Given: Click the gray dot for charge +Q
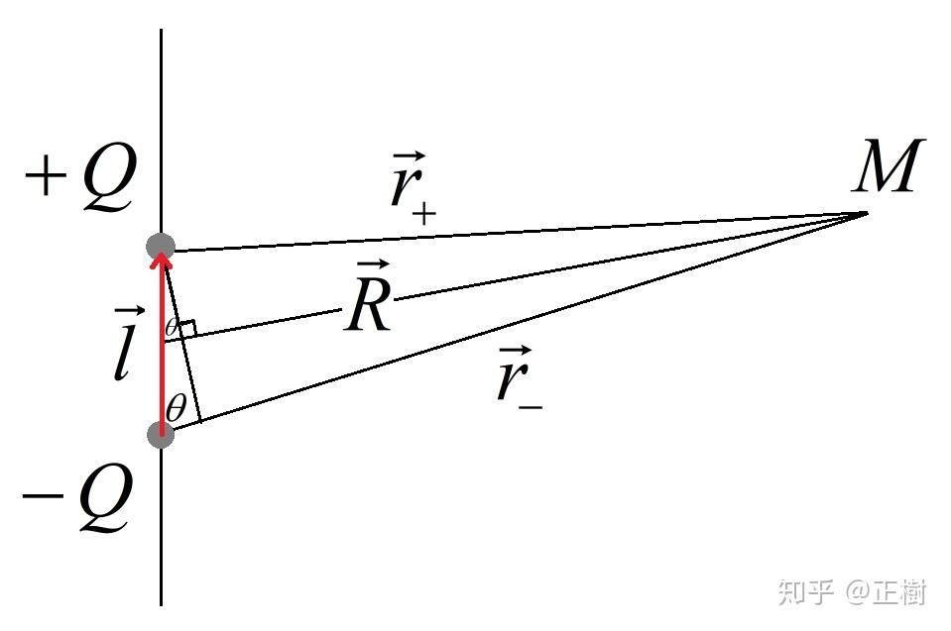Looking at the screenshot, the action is pos(161,246).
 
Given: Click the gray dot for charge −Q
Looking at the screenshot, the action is pos(161,435).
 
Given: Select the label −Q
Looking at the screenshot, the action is pos(76,498).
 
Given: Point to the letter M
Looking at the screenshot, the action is pos(888,164).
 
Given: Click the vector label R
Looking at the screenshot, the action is pos(369,296).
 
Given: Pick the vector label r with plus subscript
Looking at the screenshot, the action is pos(413,188).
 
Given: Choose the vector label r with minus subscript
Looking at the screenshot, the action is pos(519,378).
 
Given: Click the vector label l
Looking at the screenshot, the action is pos(126,344).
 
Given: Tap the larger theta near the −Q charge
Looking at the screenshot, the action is pos(176,407).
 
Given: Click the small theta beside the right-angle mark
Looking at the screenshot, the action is pos(172,328).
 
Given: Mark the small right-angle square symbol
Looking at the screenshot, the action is pos(187,328).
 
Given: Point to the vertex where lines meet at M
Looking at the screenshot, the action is pos(868,213).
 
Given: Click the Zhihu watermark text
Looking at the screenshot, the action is pos(852,591).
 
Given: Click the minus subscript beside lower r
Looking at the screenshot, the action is pos(531,407).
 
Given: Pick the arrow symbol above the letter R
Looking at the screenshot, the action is pos(372,264).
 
